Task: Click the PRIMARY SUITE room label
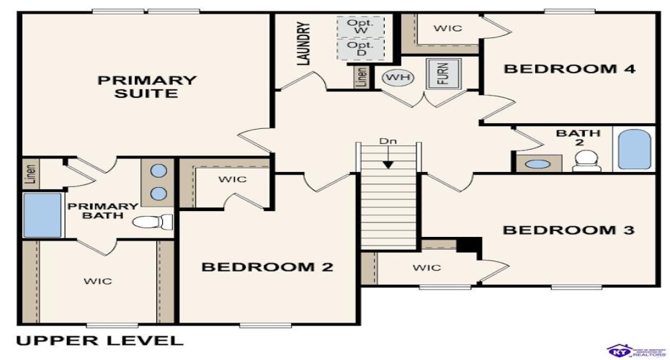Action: coord(147,86)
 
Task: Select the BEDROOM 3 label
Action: coord(568,230)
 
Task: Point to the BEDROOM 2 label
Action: coord(267,267)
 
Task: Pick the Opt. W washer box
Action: coord(360,27)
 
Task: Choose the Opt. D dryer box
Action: coord(360,50)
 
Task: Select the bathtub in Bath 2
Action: coord(634,148)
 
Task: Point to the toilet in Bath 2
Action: coord(586,161)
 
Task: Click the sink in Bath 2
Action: coord(537,163)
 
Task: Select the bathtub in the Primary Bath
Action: coord(42,215)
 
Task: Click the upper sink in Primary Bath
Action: coord(159,172)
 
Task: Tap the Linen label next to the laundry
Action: coord(361,77)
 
